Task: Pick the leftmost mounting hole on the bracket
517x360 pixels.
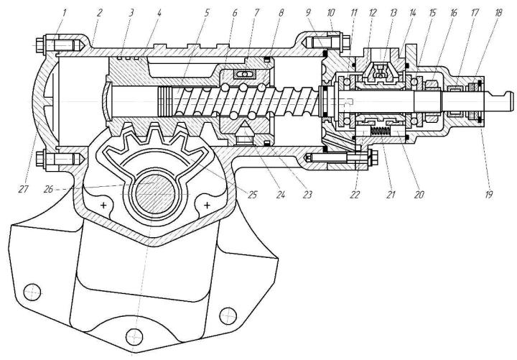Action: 32,292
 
